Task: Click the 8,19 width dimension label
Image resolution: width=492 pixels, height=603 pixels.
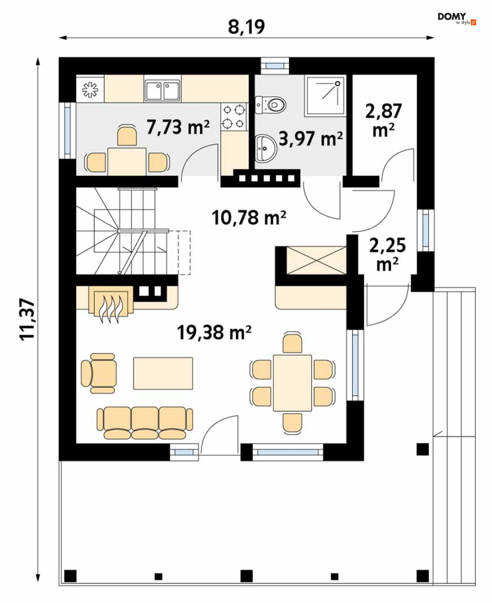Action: click(246, 27)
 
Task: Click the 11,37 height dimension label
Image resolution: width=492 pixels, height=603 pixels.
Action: click(28, 320)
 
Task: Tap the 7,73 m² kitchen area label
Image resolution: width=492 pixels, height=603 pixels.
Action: click(178, 127)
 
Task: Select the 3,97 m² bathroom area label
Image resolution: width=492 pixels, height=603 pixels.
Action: click(311, 139)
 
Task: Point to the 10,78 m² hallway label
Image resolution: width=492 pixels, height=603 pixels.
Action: click(249, 217)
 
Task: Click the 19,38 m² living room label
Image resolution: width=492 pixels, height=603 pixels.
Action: click(214, 333)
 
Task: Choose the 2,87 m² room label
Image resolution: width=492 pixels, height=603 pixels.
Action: click(384, 121)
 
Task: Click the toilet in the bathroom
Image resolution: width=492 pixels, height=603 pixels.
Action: click(270, 104)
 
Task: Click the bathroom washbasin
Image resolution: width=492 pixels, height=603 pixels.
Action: click(266, 147)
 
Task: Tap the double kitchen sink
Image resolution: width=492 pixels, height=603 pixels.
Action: click(163, 90)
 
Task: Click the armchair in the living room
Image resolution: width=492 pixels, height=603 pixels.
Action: click(99, 373)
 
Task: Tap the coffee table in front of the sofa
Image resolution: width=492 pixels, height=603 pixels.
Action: click(163, 373)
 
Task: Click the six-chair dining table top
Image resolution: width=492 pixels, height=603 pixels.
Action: click(292, 383)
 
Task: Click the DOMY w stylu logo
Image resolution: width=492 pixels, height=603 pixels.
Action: click(456, 19)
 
